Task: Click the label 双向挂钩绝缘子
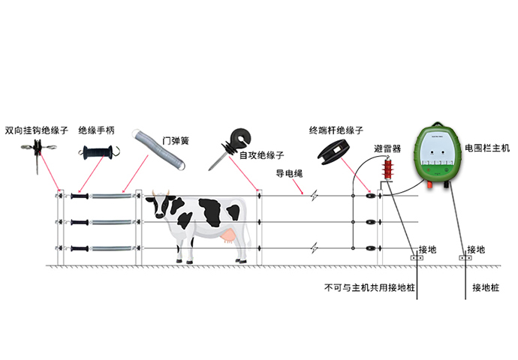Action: pos(36,130)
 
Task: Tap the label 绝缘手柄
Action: pos(96,130)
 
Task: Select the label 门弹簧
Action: pos(176,141)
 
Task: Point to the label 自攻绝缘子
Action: pos(262,155)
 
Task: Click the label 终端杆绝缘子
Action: pos(336,130)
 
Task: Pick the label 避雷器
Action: pos(387,148)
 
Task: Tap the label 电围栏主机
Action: pos(487,148)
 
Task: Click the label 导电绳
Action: pos(289,173)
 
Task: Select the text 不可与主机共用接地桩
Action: pos(369,288)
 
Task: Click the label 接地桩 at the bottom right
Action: pos(486,288)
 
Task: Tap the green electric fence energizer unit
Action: pos(438,152)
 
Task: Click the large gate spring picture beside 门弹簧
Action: pos(158,149)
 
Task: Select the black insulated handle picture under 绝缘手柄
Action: pos(98,153)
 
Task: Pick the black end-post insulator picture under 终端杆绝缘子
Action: pos(333,152)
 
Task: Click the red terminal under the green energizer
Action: pos(430,184)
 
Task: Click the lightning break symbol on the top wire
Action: pos(314,196)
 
